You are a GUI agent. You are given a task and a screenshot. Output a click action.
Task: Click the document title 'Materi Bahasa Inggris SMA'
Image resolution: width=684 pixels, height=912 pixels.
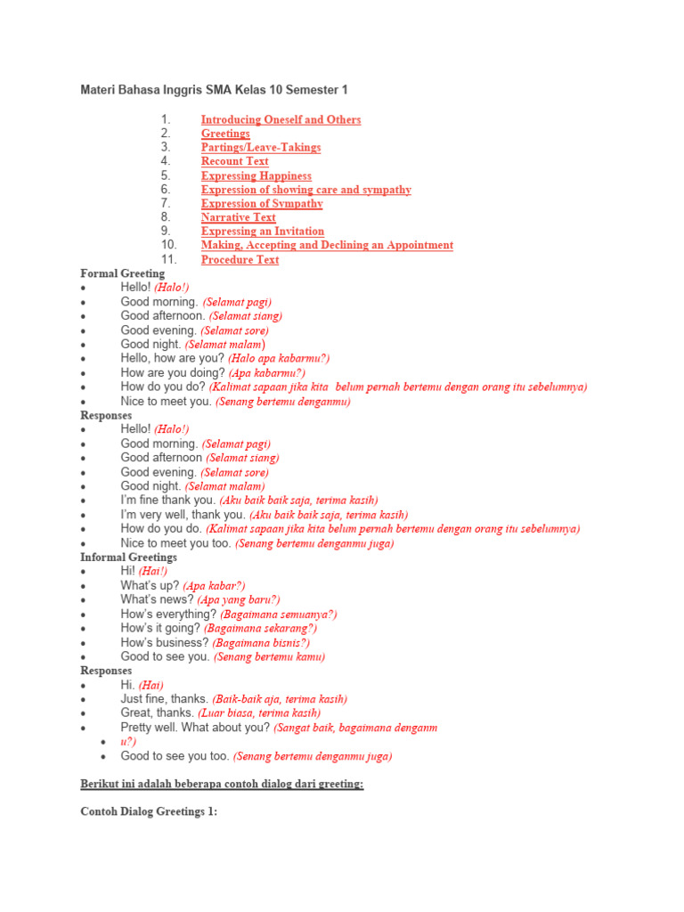214,90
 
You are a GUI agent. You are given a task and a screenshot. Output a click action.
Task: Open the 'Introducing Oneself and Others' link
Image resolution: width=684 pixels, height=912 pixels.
281,119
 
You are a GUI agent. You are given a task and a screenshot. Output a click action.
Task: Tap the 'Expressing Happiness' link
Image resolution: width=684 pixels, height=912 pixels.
256,176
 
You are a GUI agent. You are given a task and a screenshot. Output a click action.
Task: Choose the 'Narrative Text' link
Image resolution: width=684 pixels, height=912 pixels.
238,217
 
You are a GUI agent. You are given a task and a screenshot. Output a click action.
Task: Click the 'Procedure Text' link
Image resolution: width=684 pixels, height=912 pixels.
240,260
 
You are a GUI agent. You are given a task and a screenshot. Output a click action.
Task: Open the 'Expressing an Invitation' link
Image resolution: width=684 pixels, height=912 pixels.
262,232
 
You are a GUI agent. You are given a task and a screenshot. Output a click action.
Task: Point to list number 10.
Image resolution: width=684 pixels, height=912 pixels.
168,245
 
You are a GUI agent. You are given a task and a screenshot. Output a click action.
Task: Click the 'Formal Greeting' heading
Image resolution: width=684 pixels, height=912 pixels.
122,273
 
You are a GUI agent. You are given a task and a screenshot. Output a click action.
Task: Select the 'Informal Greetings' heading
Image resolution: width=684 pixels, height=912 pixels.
128,558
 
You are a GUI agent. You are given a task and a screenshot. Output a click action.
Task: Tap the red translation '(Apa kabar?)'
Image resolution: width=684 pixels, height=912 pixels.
214,586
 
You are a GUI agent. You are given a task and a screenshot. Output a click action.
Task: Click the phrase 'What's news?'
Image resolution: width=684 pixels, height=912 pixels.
157,600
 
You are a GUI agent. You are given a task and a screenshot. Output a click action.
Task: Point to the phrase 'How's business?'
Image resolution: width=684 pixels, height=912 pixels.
165,643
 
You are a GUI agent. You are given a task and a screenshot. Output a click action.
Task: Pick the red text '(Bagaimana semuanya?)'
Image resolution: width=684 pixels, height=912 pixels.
278,615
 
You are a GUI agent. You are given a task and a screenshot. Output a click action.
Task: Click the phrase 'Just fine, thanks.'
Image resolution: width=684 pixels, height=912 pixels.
164,699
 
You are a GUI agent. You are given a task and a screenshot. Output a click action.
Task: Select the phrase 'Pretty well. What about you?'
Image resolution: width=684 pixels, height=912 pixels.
195,728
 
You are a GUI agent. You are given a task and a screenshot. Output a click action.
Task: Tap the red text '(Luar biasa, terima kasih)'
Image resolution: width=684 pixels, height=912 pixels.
259,713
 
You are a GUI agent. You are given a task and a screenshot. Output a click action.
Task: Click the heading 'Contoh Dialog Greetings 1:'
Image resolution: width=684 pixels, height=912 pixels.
149,812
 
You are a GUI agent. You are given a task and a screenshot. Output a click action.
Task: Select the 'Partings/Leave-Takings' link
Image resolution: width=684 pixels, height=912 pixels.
260,148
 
